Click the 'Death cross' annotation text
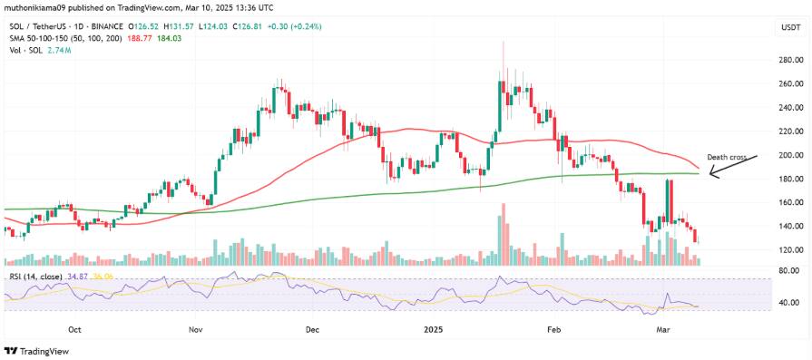727,157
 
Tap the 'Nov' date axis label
195,332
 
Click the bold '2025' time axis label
432,332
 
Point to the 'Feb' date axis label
554,332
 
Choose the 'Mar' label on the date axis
664,332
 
